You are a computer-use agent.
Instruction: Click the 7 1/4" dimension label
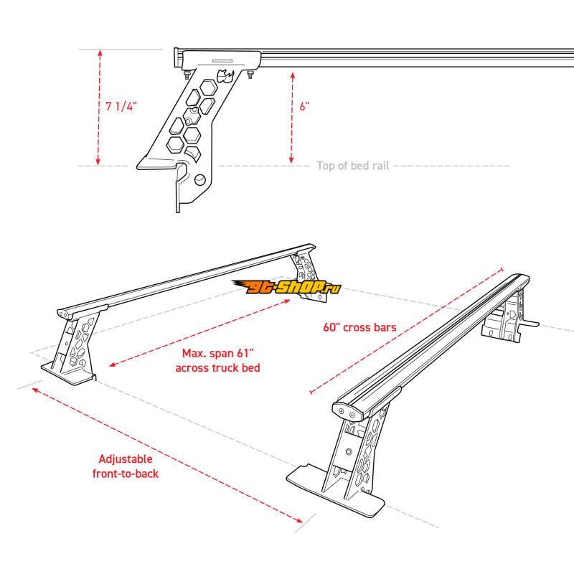coord(121,106)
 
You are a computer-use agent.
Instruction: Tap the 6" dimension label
coord(304,106)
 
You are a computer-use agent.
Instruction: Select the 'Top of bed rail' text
coord(352,166)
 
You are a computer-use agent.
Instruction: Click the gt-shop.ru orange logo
coord(286,287)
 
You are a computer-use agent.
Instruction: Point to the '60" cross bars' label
coord(359,327)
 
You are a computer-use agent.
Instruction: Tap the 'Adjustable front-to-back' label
coord(126,466)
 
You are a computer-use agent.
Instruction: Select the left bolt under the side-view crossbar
coord(186,75)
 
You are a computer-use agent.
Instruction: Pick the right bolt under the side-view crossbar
coord(251,75)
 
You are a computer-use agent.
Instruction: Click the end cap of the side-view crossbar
coord(177,57)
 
